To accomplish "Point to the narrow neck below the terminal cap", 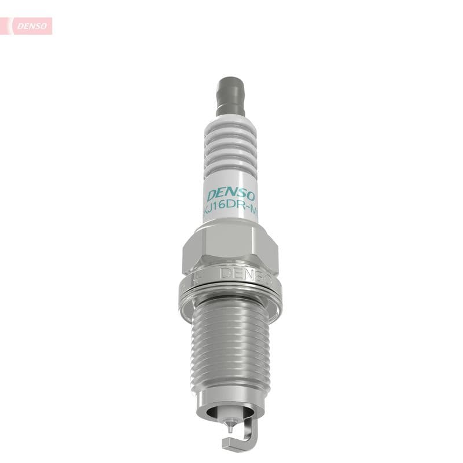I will tap(230, 109).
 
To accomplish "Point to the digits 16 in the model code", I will tap(220, 211).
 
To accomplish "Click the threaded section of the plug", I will tap(230, 347).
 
